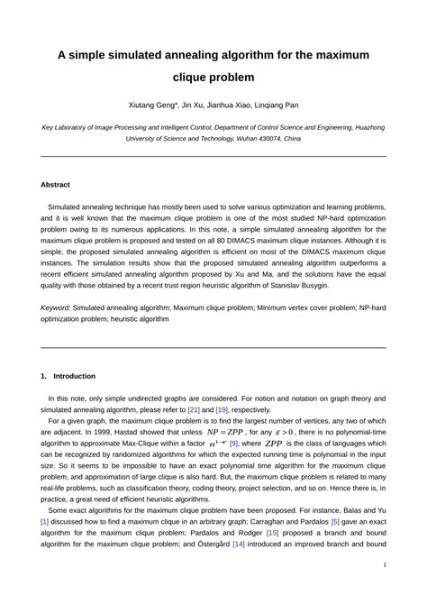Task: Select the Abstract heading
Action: coord(55,184)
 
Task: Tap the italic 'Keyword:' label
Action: coord(56,307)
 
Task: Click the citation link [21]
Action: coord(194,408)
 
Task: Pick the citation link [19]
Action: coord(222,408)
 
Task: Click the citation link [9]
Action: coord(234,444)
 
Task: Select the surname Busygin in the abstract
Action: coord(311,285)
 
